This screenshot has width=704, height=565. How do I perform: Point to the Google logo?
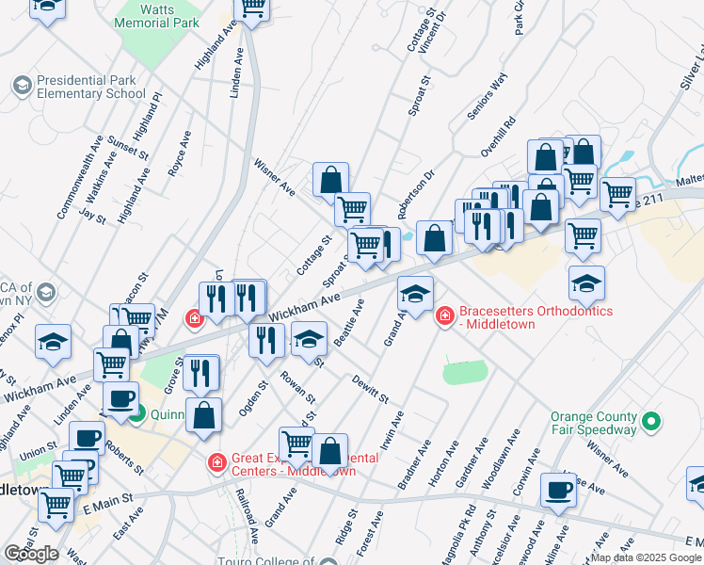(31, 554)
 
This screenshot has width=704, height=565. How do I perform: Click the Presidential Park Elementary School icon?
(21, 86)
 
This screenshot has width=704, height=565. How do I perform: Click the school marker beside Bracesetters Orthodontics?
(415, 294)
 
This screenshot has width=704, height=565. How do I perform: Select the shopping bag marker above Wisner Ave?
(331, 179)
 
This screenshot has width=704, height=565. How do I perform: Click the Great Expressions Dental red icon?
(216, 463)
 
